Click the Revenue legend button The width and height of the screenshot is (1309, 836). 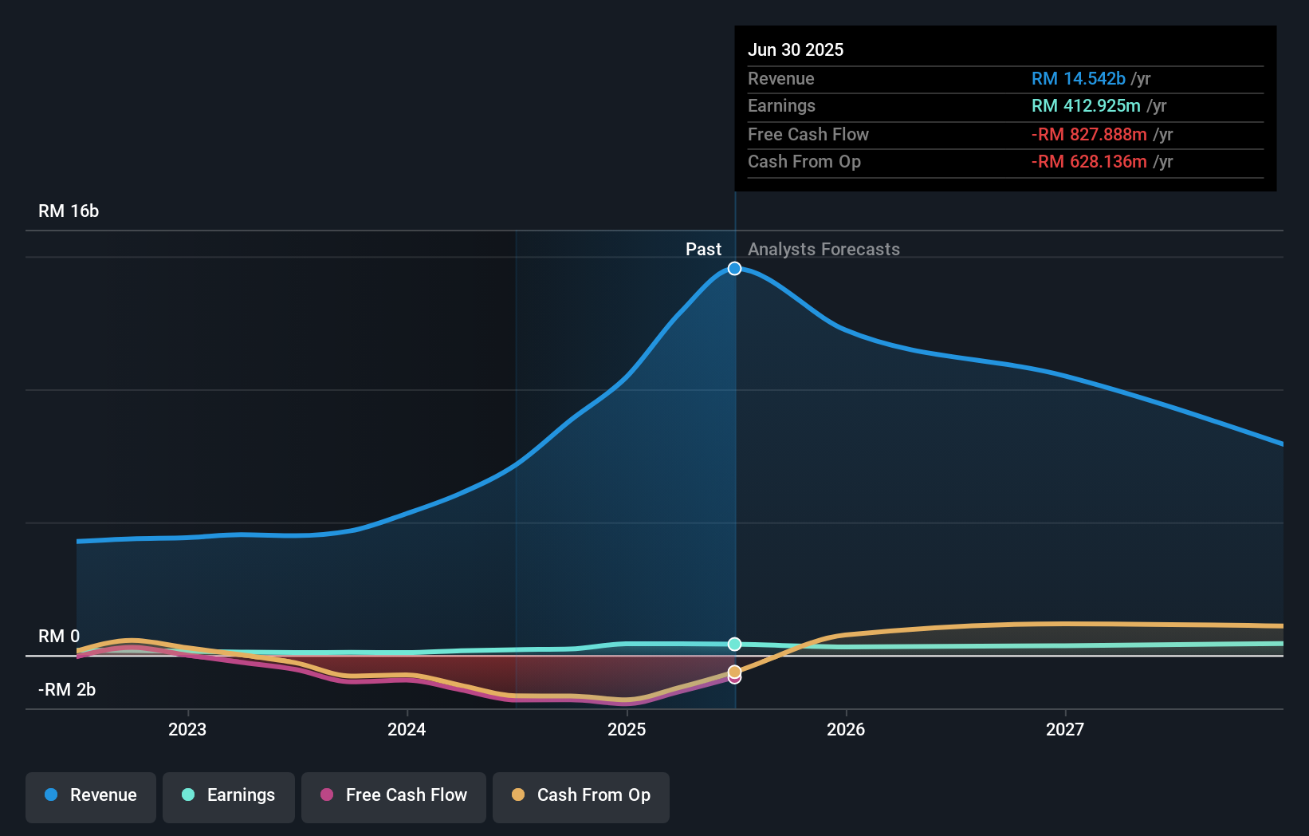click(91, 796)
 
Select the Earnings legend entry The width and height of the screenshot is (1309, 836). click(229, 796)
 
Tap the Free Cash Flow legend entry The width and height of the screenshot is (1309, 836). click(394, 796)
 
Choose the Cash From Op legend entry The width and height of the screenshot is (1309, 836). click(581, 796)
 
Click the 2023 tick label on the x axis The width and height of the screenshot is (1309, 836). click(187, 729)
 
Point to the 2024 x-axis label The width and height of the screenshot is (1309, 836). click(407, 729)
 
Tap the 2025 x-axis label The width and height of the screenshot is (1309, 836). click(627, 729)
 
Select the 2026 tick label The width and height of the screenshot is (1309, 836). click(846, 729)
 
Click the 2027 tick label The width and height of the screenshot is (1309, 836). click(1065, 729)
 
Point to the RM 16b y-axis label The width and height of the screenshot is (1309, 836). click(69, 211)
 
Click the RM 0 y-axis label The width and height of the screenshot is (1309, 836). click(59, 637)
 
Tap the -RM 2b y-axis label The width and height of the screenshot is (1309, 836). click(67, 690)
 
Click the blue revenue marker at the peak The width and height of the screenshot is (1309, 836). click(735, 269)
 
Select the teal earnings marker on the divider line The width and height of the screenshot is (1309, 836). click(735, 644)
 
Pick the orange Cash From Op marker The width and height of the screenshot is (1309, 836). click(734, 671)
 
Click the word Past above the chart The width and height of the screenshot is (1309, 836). click(703, 250)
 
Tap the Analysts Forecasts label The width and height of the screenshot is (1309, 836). click(824, 250)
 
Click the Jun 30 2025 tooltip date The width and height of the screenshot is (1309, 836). click(796, 50)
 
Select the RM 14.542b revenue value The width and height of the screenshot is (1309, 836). click(1078, 79)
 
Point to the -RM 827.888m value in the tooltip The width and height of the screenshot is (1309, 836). click(1089, 135)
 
